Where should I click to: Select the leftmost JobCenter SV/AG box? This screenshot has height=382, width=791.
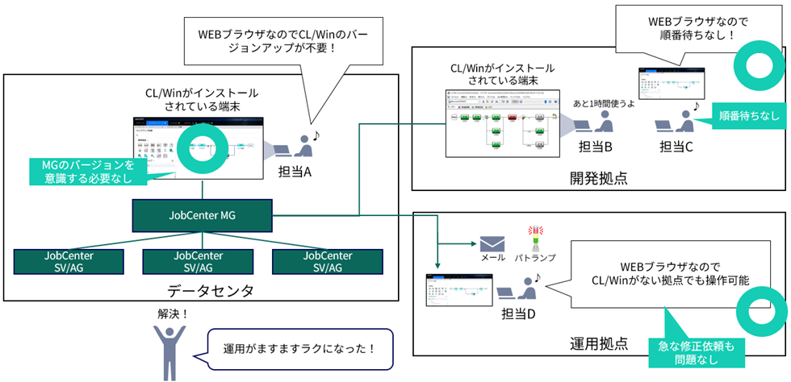coord(69,260)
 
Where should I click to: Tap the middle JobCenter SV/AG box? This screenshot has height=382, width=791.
coord(198,260)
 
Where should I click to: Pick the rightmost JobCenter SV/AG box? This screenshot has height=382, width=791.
coord(327,260)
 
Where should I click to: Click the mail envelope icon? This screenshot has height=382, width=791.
coord(492,243)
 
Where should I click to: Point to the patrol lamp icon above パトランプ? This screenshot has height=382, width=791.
coord(532,238)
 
